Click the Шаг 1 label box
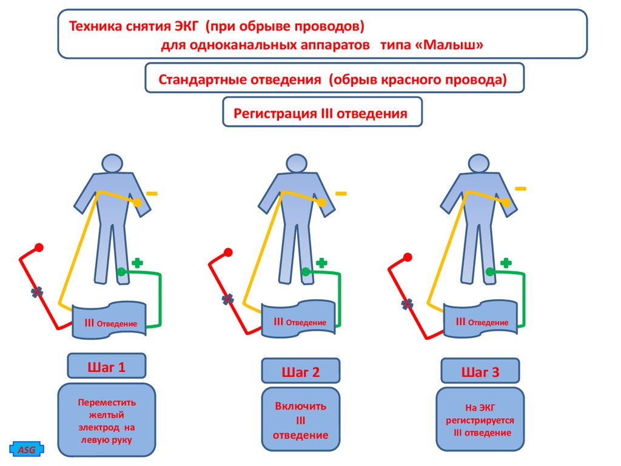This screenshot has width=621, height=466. tap(107, 366)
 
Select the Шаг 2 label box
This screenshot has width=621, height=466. tap(300, 371)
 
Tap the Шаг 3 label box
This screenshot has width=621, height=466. tap(480, 371)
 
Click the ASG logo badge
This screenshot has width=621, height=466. tap(27, 450)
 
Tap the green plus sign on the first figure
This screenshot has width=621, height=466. tap(138, 263)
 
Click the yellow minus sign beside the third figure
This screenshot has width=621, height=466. tap(520, 189)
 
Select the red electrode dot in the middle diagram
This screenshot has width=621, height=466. tap(227, 249)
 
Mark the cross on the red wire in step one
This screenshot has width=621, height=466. tap(38, 292)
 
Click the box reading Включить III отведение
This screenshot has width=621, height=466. tap(300, 420)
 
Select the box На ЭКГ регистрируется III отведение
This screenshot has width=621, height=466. tap(480, 420)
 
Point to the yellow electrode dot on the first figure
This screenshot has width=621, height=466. tap(139, 203)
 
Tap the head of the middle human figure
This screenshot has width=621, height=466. tap(297, 163)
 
